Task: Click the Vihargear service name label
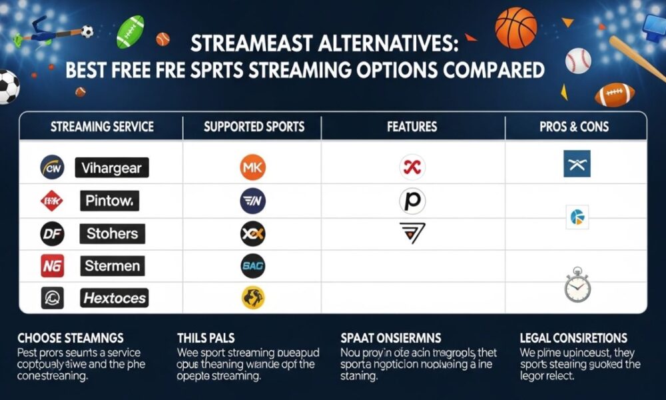click(111, 168)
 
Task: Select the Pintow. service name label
click(111, 201)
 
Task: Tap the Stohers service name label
click(112, 233)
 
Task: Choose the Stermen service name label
click(112, 266)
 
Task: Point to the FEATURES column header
click(412, 126)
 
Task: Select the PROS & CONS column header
click(574, 126)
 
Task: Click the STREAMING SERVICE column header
click(102, 126)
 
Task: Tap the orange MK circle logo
click(252, 167)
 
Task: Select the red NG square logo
click(53, 266)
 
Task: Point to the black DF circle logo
click(53, 233)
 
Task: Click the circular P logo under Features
click(412, 201)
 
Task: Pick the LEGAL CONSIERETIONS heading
click(573, 339)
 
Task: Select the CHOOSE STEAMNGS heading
click(71, 339)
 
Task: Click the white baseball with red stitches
click(578, 60)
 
